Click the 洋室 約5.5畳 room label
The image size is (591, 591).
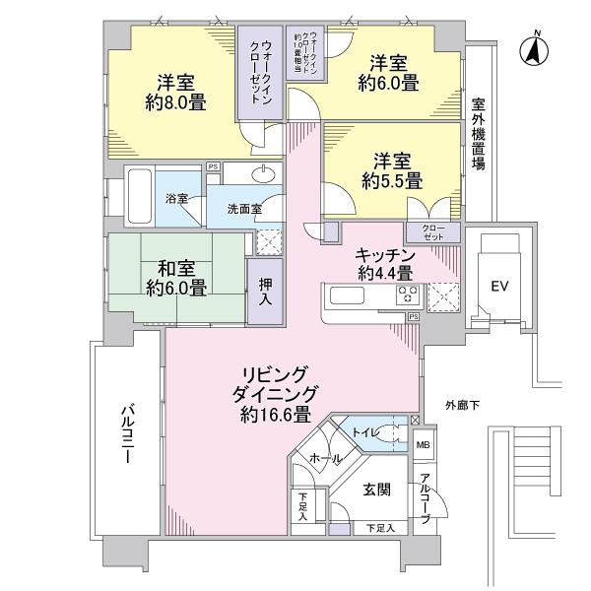point(391,169)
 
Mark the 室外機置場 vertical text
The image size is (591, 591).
point(478,134)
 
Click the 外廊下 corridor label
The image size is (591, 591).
point(462,403)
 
